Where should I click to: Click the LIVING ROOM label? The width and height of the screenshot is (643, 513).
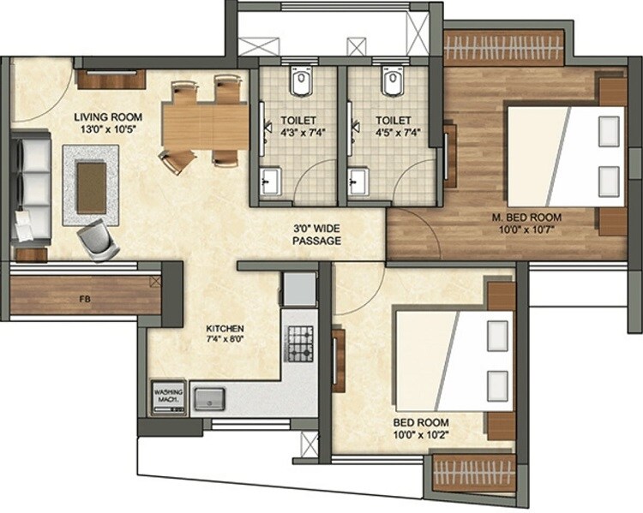107,116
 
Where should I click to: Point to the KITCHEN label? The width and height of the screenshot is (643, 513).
225,329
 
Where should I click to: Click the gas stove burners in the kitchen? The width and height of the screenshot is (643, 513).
299,343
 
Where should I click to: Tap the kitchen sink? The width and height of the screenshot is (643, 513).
208,397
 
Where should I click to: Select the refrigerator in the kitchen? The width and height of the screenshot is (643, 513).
299,289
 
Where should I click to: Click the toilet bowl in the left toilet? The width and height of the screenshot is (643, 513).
298,84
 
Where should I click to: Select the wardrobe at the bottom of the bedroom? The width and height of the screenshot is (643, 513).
474,472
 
